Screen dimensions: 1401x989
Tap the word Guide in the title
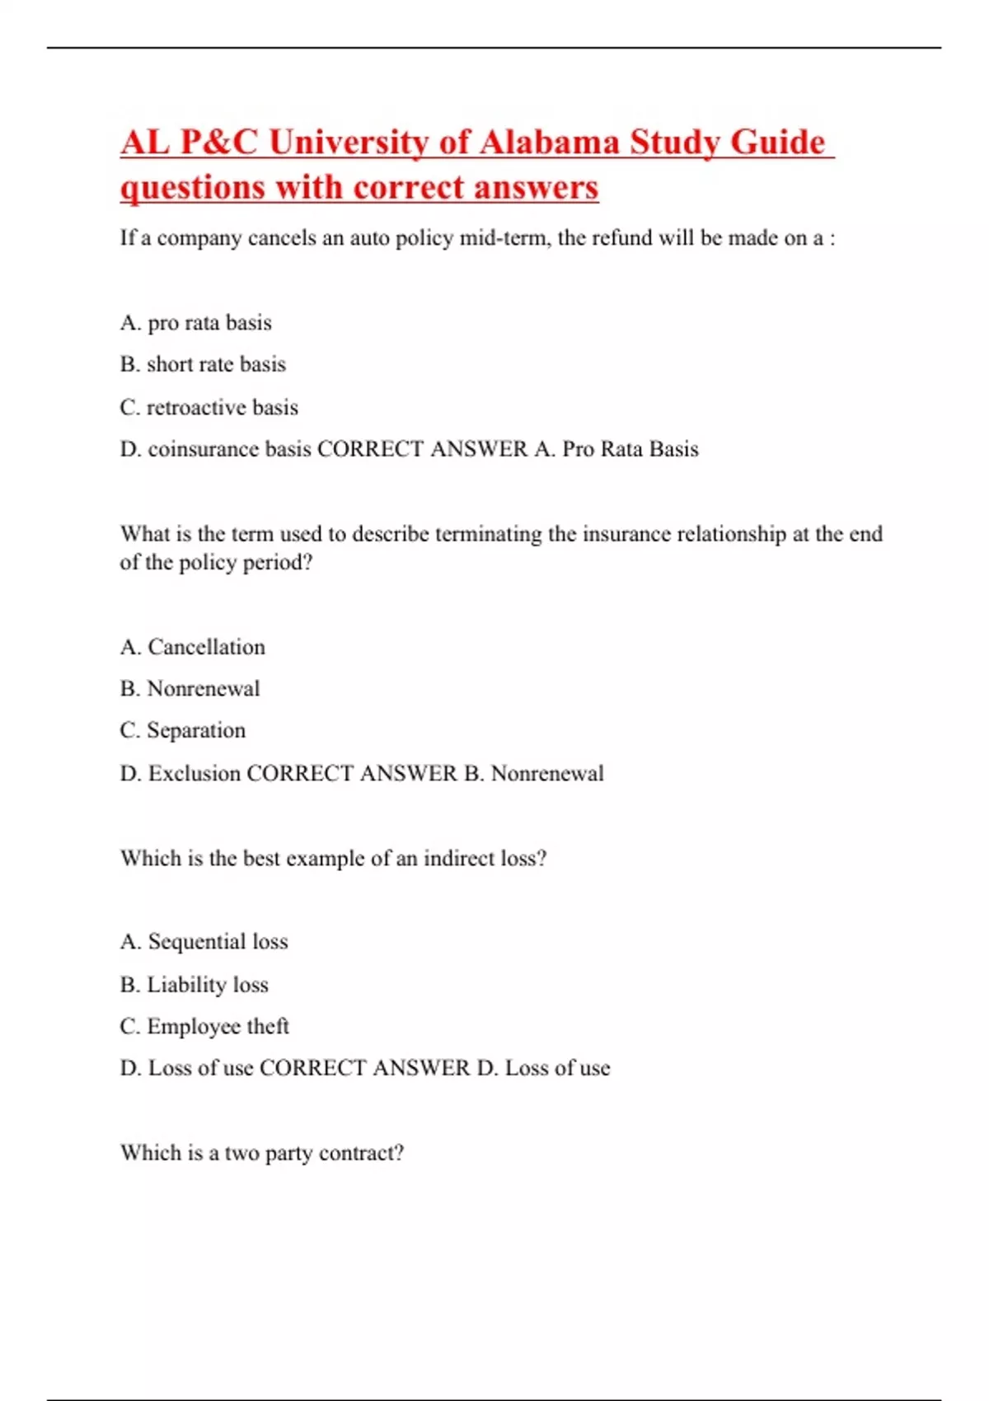(x=777, y=143)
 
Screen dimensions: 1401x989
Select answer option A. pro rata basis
(x=196, y=322)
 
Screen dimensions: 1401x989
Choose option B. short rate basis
(x=203, y=364)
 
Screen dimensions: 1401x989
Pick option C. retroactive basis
(x=209, y=407)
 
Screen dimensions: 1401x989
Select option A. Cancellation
(x=193, y=647)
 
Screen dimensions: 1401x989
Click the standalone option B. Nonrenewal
(x=190, y=689)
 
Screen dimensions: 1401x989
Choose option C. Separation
(x=183, y=731)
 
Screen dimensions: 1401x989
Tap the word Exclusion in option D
(x=195, y=774)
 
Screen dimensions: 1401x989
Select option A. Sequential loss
(x=204, y=942)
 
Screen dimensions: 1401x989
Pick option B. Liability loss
(x=195, y=985)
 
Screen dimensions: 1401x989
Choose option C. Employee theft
(x=204, y=1027)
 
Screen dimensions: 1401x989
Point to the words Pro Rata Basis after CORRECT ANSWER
(x=630, y=449)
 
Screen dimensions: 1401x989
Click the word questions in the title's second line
(x=191, y=188)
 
